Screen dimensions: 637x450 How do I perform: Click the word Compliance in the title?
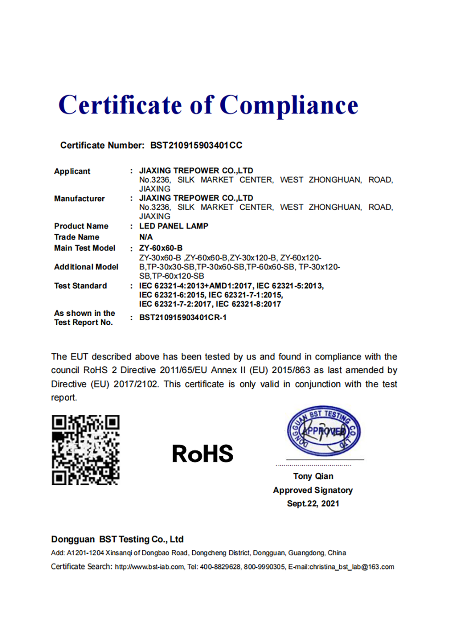tap(289, 106)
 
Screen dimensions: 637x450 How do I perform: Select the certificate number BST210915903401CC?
tap(196, 146)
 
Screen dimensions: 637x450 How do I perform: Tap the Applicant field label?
tap(72, 171)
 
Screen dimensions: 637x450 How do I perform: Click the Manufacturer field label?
tap(79, 199)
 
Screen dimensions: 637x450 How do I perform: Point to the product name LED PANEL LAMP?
tap(174, 226)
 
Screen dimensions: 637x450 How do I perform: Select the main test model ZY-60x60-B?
tap(161, 248)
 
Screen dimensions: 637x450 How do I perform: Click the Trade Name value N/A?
tap(146, 237)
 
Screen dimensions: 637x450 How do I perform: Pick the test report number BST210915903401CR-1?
tap(183, 318)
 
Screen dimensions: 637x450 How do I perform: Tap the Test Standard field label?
tap(81, 286)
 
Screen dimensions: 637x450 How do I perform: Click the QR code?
tap(85, 450)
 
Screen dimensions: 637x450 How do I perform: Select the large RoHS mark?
tap(202, 454)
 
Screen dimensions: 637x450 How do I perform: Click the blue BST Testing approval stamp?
tap(324, 431)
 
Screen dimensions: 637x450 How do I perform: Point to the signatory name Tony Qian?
tap(313, 476)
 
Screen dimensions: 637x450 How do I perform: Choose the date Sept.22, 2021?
tap(313, 504)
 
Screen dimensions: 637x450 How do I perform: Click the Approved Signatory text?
tap(313, 490)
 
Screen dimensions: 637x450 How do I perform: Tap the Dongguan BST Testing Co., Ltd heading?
tap(117, 539)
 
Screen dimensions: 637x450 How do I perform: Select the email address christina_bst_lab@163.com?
tap(352, 567)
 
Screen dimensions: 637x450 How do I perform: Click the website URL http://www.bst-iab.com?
tap(149, 567)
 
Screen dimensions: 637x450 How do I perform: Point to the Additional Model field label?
tap(86, 267)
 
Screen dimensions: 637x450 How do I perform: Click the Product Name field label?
tap(81, 226)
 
